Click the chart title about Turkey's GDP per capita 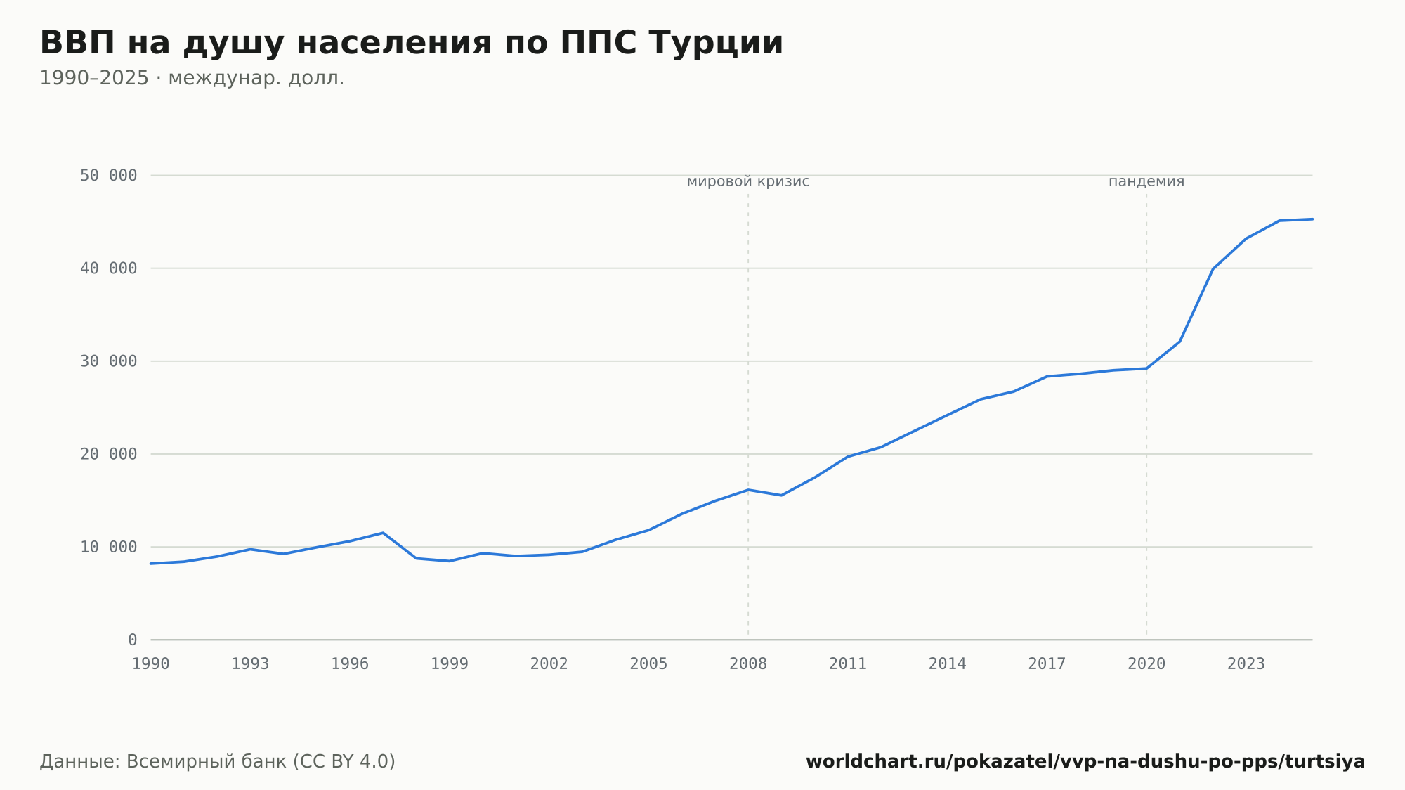pyautogui.click(x=411, y=44)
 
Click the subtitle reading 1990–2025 pyautogui.click(x=192, y=78)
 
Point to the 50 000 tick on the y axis pyautogui.click(x=108, y=175)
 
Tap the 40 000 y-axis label pyautogui.click(x=108, y=268)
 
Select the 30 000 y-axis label pyautogui.click(x=108, y=361)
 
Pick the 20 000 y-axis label pyautogui.click(x=108, y=454)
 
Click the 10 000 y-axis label pyautogui.click(x=108, y=547)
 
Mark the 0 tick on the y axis pyautogui.click(x=133, y=640)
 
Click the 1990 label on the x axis pyautogui.click(x=151, y=664)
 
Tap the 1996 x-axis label pyautogui.click(x=350, y=664)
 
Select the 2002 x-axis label pyautogui.click(x=549, y=664)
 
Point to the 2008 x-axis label pyautogui.click(x=748, y=664)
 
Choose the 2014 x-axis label pyautogui.click(x=948, y=664)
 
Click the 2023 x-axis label pyautogui.click(x=1246, y=664)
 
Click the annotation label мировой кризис pyautogui.click(x=748, y=181)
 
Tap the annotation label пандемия pyautogui.click(x=1146, y=181)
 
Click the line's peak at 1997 pyautogui.click(x=383, y=533)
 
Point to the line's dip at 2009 pyautogui.click(x=781, y=496)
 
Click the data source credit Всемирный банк pyautogui.click(x=218, y=762)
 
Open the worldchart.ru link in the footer pyautogui.click(x=1085, y=762)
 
